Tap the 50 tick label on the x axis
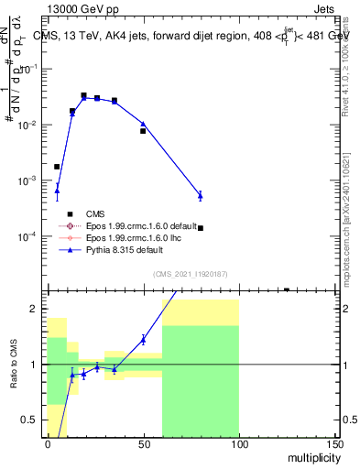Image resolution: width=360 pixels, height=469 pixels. (142, 443)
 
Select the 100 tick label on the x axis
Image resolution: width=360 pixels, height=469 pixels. (238, 443)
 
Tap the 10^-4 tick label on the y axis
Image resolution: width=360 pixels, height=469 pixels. (27, 236)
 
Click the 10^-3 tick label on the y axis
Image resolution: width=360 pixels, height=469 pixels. (27, 180)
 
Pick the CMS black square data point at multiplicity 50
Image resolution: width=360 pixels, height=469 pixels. (143, 131)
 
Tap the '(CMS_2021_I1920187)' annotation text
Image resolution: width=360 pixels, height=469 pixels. (190, 274)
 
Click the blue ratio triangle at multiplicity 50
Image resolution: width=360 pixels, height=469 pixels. (143, 339)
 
